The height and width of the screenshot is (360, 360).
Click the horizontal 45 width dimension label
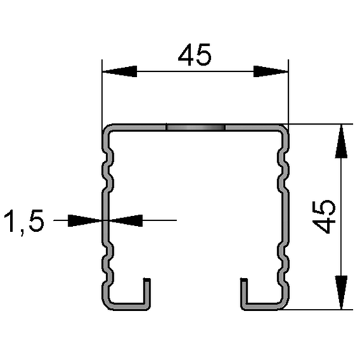point(194,55)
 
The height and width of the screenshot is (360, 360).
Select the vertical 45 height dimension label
point(324,217)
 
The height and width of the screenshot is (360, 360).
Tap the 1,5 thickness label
point(24,221)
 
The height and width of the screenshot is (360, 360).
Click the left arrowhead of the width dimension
point(120,71)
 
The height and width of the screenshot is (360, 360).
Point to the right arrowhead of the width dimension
point(271,71)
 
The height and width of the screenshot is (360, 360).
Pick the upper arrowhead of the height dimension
point(341,141)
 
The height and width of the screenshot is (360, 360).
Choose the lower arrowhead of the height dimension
point(341,292)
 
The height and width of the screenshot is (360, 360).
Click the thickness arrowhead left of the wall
point(85,220)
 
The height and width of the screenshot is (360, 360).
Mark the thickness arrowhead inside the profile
point(126,220)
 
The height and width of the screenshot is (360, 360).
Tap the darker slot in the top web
point(195,127)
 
